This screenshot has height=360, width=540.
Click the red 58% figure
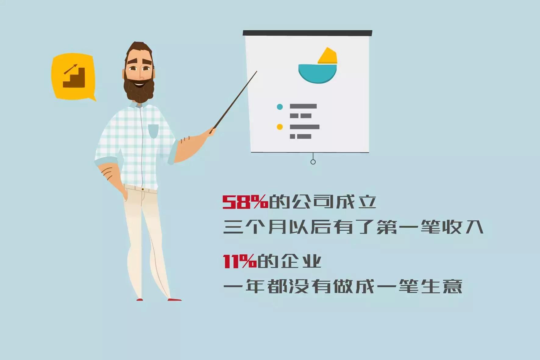pos(245,201)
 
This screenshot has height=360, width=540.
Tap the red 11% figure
pos(240,262)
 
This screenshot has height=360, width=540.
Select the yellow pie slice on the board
pos(328,56)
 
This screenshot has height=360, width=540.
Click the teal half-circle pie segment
pos(317,73)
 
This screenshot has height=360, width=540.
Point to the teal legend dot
pos(279,107)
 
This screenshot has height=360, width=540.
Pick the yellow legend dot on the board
pos(279,127)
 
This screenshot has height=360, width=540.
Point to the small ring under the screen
pos(313,162)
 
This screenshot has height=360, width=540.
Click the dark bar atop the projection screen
pos(307,33)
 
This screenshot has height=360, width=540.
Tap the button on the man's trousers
pos(143,189)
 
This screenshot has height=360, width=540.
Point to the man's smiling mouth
pos(140,84)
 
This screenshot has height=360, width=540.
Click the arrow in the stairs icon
pos(71,69)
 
